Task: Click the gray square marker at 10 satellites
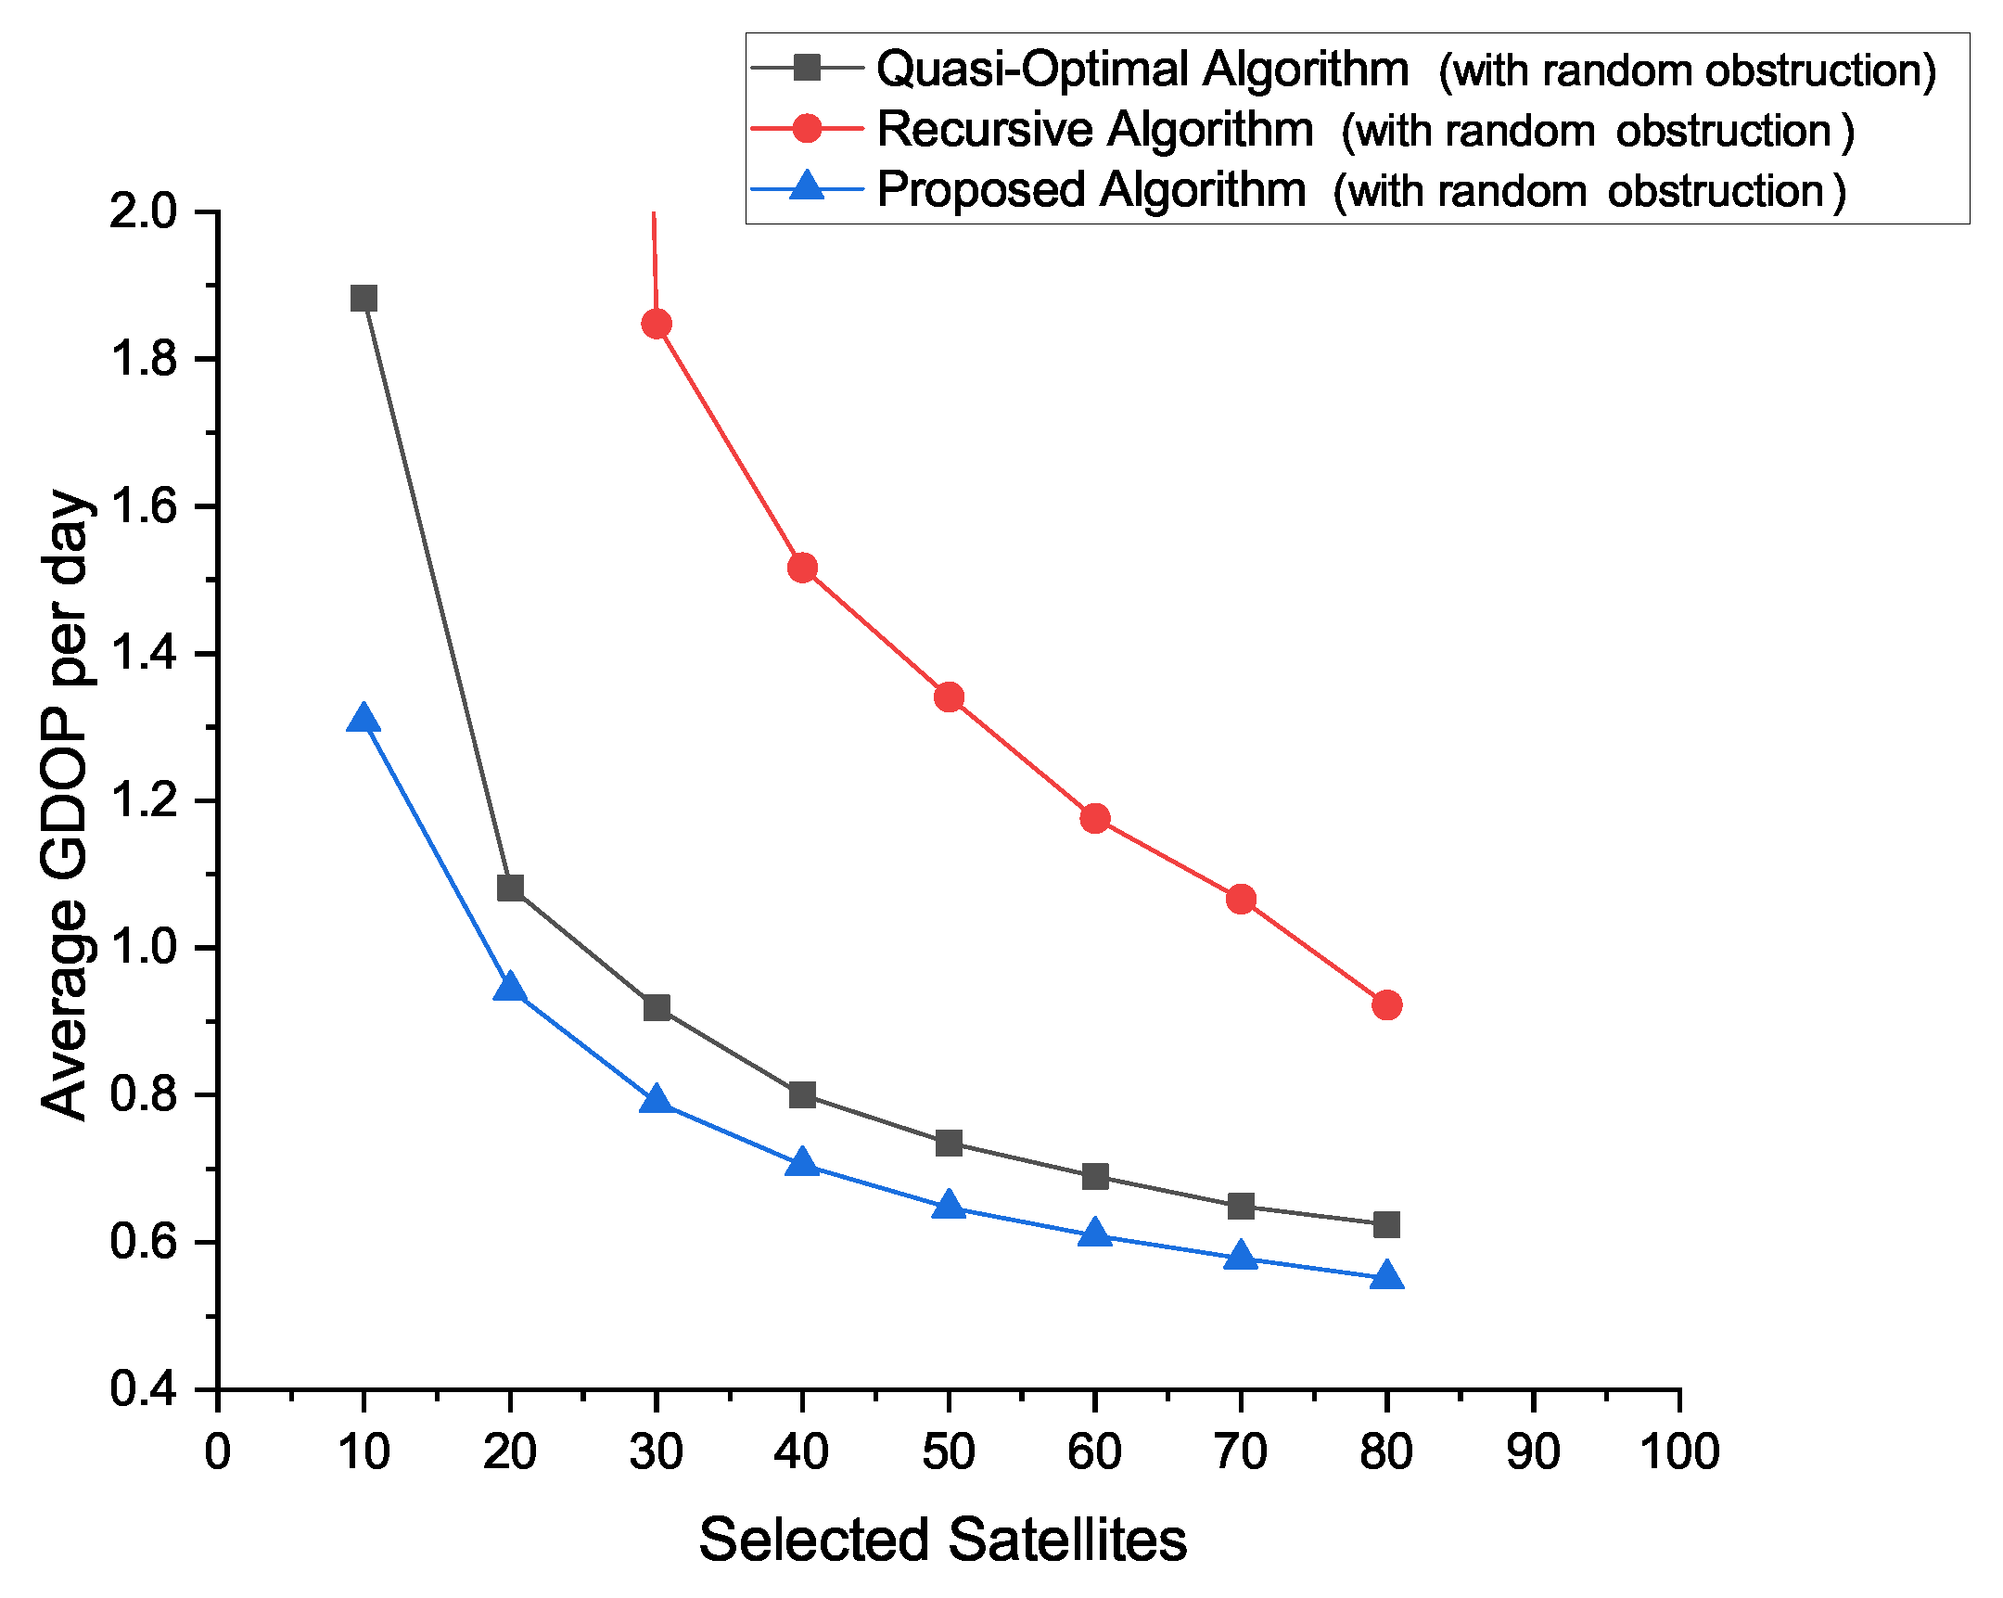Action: [364, 299]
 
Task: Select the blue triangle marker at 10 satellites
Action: [364, 719]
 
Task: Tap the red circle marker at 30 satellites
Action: [656, 325]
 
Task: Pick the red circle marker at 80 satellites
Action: [1386, 1005]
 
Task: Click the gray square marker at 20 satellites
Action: [510, 888]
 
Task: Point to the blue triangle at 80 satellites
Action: [1386, 1276]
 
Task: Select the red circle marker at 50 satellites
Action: [949, 697]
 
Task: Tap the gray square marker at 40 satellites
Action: [802, 1095]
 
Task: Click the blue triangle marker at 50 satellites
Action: [949, 1206]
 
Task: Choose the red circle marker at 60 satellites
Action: [1094, 819]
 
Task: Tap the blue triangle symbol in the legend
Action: [808, 186]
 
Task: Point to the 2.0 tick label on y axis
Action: [142, 211]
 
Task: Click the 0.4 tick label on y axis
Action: [142, 1390]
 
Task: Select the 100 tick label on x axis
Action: [1679, 1451]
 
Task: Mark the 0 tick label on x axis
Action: [217, 1451]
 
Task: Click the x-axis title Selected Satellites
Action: [942, 1540]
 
